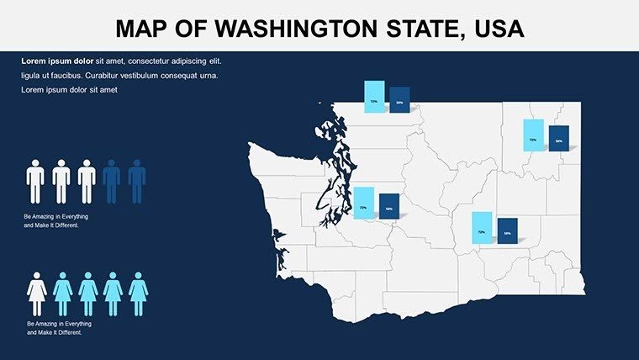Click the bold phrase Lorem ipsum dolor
(57, 61)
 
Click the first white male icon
(35, 182)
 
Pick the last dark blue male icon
(137, 182)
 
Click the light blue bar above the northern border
(374, 97)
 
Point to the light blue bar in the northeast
(533, 132)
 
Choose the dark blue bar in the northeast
(559, 138)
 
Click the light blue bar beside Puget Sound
(363, 204)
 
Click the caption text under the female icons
(58, 328)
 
